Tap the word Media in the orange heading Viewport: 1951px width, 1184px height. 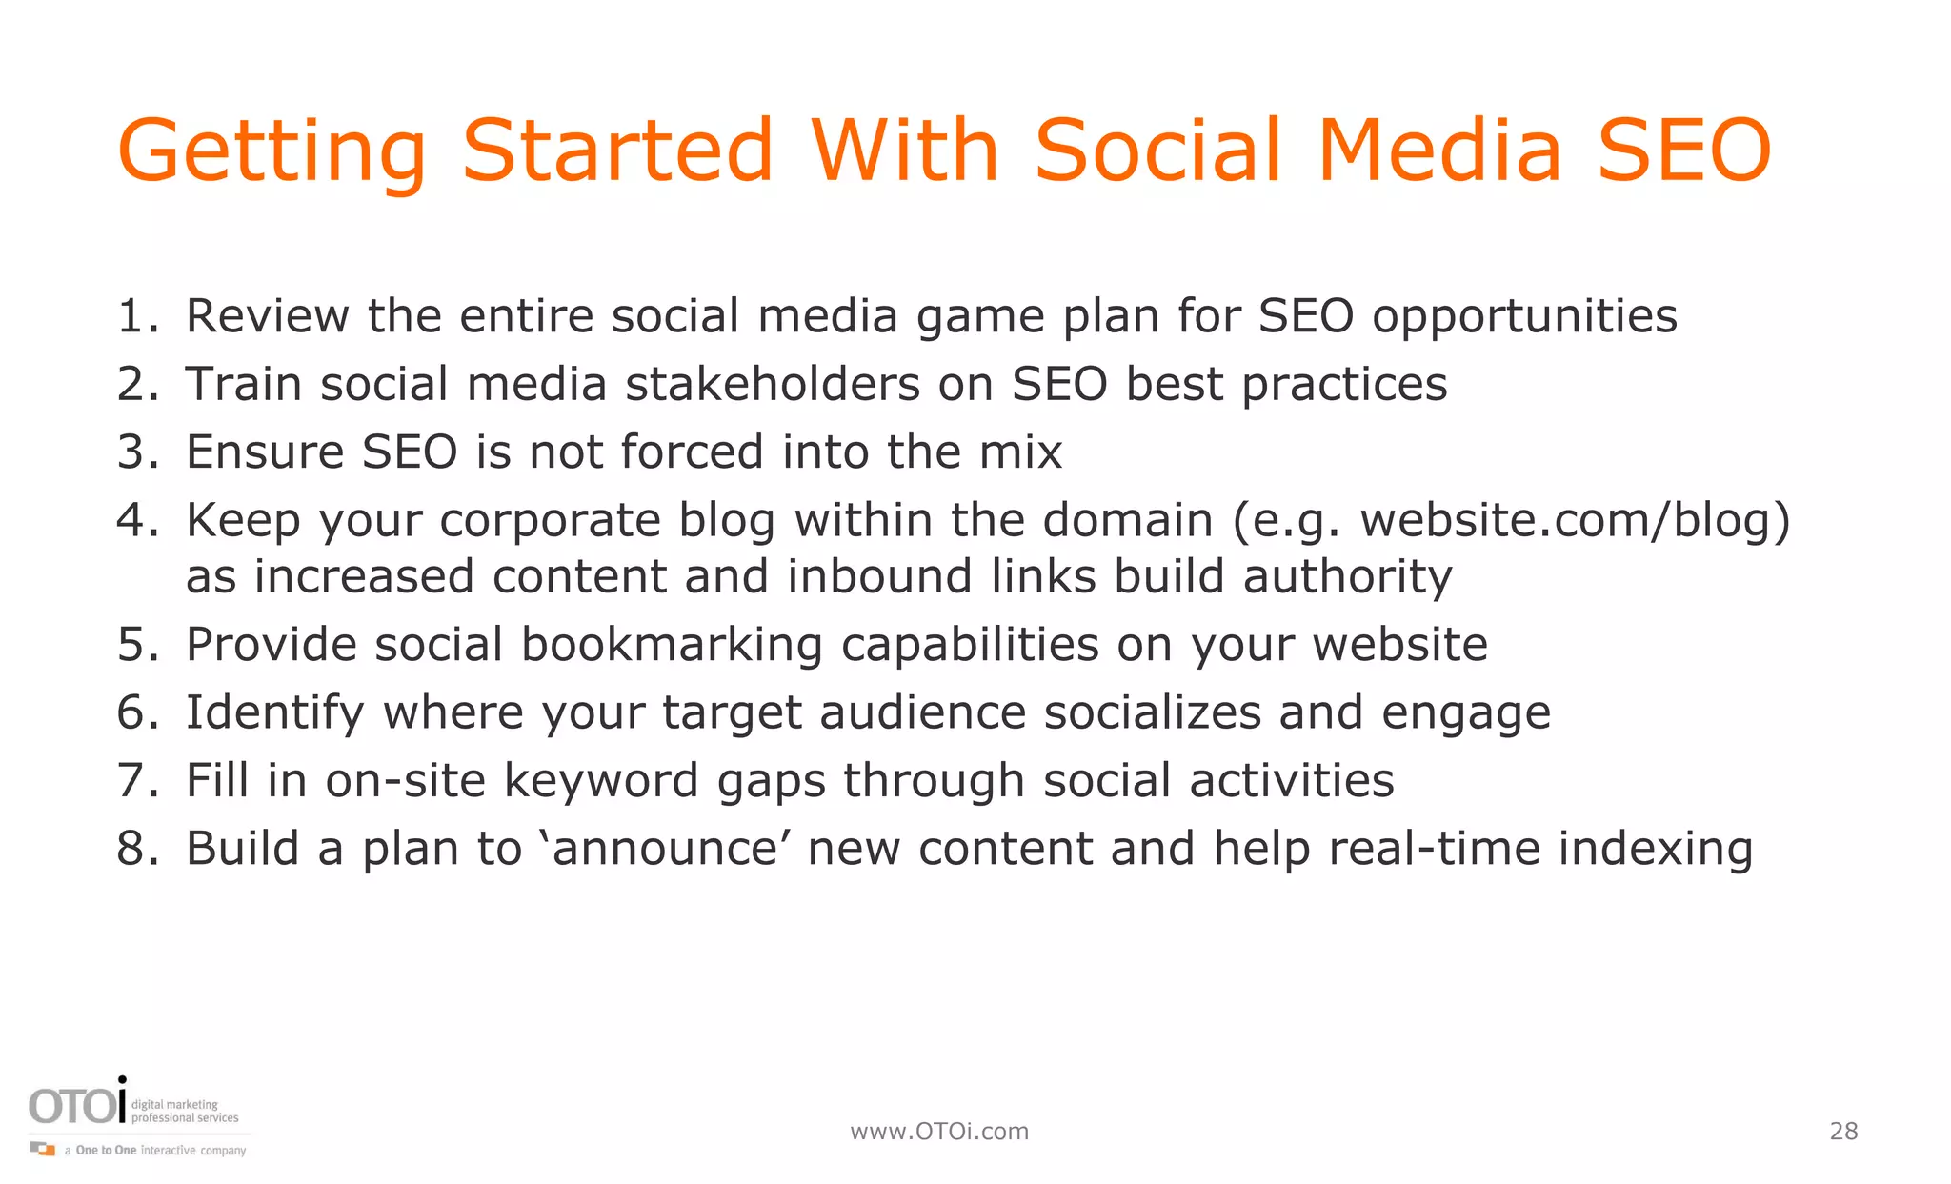pos(1438,151)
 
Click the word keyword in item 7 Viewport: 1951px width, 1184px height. pos(601,781)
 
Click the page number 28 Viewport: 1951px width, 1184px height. pos(1843,1132)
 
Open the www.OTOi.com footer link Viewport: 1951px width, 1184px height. pos(939,1132)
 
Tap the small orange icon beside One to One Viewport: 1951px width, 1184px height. pos(43,1149)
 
